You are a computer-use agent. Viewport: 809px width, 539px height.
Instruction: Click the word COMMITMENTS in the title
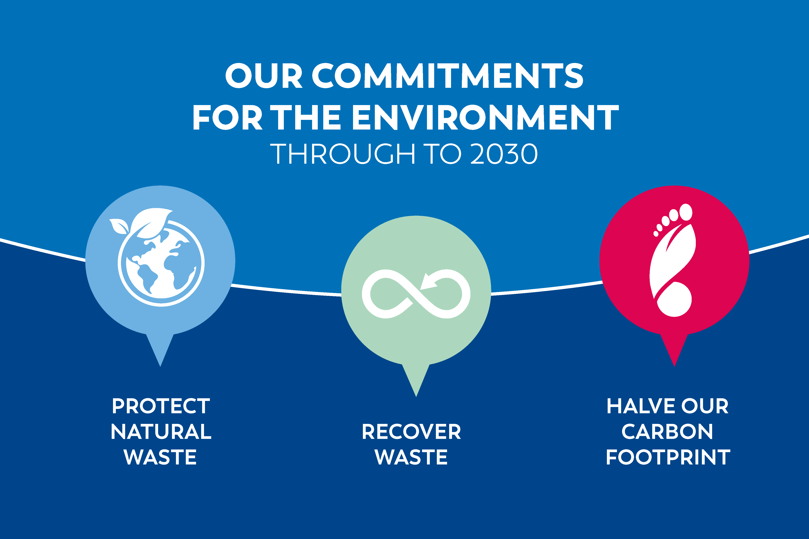[x=447, y=76]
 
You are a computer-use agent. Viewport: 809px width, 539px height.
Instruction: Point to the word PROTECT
[x=161, y=406]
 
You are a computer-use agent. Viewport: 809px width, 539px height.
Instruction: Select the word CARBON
[x=667, y=431]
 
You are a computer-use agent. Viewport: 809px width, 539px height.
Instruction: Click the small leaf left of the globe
[x=118, y=226]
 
